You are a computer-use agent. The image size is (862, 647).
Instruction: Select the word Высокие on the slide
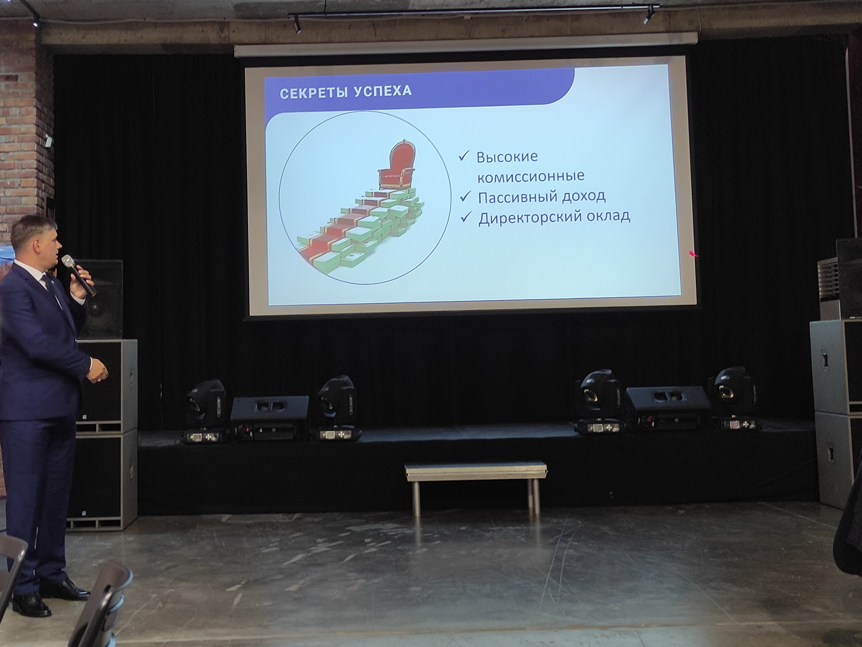pos(507,157)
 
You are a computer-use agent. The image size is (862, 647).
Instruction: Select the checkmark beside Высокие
pos(464,157)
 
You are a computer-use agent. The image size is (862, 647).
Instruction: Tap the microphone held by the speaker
pos(78,275)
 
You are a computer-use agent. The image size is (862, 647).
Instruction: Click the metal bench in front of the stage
pos(475,487)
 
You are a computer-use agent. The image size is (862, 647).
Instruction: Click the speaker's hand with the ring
pos(97,371)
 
